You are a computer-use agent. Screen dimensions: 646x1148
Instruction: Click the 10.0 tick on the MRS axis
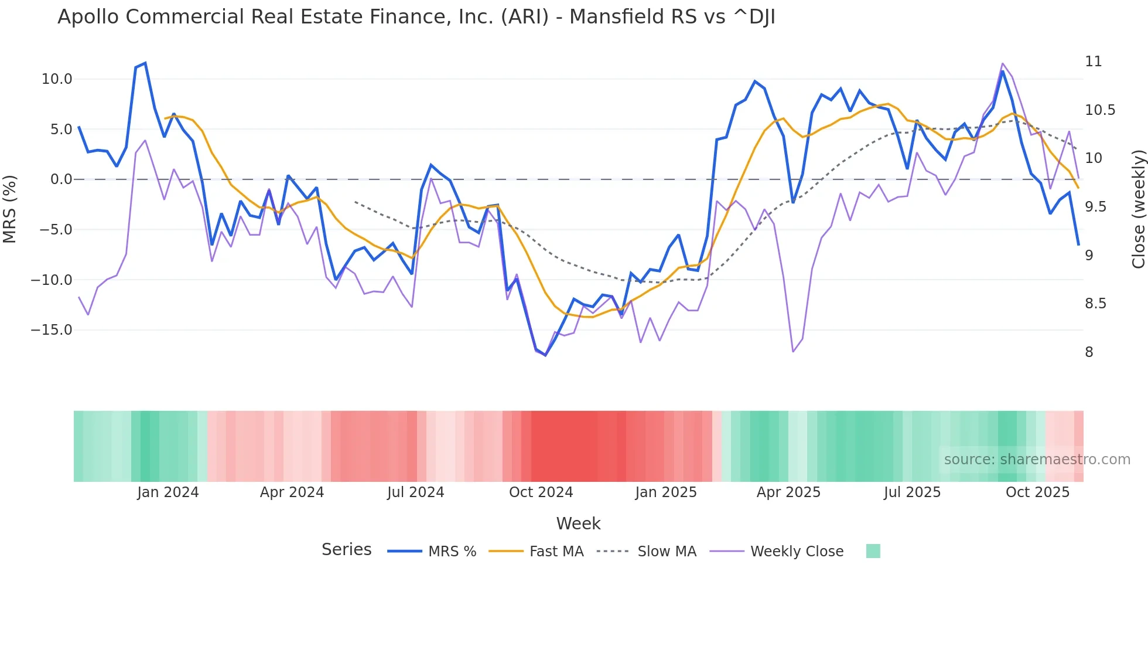[57, 79]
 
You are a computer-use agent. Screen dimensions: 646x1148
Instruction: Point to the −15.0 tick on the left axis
[52, 330]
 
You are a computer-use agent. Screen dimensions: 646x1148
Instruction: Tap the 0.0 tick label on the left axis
[61, 179]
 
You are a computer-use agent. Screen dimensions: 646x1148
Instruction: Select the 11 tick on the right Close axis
[1093, 62]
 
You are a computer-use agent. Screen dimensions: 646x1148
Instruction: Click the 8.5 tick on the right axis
[1095, 304]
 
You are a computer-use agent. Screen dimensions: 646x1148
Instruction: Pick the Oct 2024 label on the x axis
[541, 492]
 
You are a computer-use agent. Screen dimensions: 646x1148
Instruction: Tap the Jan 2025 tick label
[666, 492]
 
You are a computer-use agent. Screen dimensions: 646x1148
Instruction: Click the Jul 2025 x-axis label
[912, 492]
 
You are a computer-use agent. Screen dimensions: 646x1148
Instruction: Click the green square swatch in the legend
[873, 551]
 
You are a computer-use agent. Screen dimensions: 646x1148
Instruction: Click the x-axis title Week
[578, 523]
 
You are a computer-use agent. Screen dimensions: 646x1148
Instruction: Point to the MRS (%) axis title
[10, 209]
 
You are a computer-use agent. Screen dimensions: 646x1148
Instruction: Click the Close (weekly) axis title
[1138, 209]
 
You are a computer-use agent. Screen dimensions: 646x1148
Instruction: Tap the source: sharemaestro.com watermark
[1037, 460]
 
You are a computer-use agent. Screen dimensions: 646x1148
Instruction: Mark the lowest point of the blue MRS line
[545, 355]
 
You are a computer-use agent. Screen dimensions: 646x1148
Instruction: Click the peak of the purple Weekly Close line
[1003, 63]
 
